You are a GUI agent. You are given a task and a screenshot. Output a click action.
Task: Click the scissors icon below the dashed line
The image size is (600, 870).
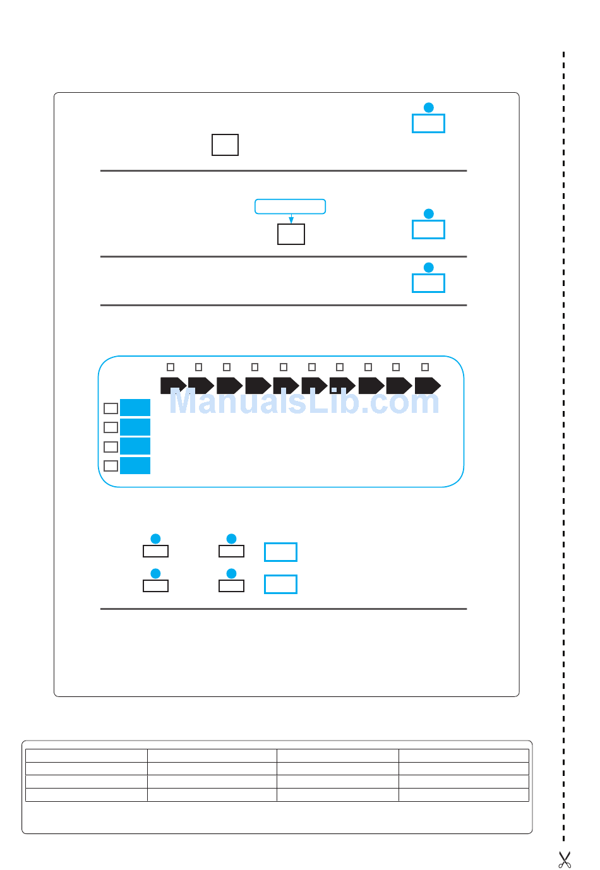[564, 859]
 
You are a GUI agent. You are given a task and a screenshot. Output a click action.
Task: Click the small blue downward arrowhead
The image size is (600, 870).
[291, 220]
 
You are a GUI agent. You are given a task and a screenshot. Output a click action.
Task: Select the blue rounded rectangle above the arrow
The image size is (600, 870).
[290, 206]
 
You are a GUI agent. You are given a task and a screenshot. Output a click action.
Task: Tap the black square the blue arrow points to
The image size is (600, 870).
[291, 234]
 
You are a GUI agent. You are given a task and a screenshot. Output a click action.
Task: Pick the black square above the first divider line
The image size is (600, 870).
[225, 145]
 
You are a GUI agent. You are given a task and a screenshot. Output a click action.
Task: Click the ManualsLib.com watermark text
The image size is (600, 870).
[304, 402]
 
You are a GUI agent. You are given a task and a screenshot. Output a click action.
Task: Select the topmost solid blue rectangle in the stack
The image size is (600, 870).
[135, 408]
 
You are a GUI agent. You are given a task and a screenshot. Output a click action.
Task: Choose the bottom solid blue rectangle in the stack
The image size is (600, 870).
[135, 466]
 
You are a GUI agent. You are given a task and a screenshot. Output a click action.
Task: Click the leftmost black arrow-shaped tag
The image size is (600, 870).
[172, 385]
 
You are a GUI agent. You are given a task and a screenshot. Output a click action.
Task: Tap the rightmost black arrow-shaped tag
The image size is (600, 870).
[427, 385]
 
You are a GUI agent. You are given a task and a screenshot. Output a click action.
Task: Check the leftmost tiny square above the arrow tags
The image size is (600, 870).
[171, 367]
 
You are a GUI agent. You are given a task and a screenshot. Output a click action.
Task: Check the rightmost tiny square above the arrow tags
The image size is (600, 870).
[425, 367]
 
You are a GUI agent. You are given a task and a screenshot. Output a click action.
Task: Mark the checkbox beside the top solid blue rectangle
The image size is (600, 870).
[111, 408]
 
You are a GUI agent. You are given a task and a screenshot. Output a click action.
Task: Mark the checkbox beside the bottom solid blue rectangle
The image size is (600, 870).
[111, 466]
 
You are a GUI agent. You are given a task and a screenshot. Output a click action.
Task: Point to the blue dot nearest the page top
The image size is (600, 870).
[428, 107]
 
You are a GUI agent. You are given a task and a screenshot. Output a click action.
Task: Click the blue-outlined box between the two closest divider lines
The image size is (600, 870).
[428, 283]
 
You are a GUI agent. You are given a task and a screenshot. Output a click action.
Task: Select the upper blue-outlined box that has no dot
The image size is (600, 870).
[280, 552]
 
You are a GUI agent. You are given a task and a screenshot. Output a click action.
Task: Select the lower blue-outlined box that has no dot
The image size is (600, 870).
[280, 584]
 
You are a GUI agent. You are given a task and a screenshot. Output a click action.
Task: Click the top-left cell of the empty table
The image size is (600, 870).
[87, 756]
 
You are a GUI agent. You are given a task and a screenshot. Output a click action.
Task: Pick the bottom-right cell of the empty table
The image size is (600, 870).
[464, 795]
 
